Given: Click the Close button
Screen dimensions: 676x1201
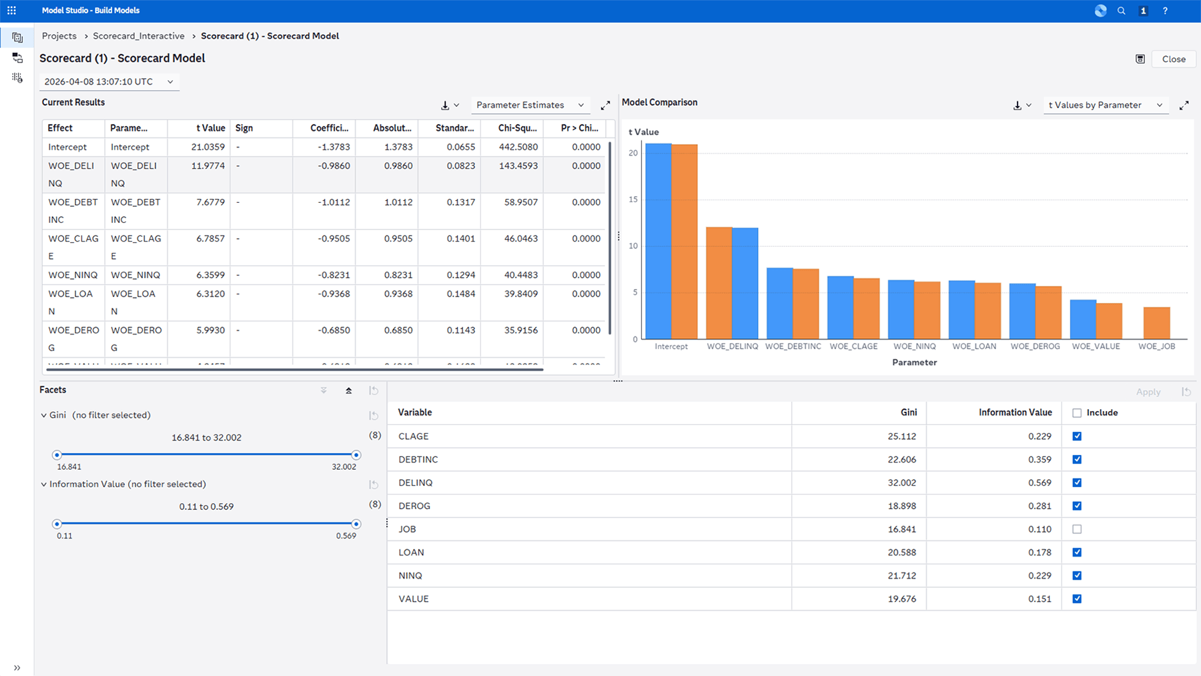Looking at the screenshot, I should pyautogui.click(x=1173, y=59).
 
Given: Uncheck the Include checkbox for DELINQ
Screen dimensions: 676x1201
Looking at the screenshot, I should pyautogui.click(x=1077, y=482).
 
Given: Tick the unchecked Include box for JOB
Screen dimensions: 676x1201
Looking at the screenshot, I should pyautogui.click(x=1077, y=529).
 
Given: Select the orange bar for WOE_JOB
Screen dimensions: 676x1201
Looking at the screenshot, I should pyautogui.click(x=1156, y=323).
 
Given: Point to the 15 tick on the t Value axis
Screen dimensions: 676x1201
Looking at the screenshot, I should pyautogui.click(x=633, y=200).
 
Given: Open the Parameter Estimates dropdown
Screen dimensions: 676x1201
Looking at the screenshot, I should pyautogui.click(x=530, y=105).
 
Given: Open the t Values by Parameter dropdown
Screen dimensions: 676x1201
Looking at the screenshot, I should pyautogui.click(x=1105, y=105).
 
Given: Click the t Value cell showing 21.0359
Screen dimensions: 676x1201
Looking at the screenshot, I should pyautogui.click(x=208, y=147).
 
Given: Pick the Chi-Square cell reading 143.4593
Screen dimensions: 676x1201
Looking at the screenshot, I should pyautogui.click(x=518, y=165).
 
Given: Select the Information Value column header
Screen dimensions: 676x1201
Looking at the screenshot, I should pyautogui.click(x=1015, y=412).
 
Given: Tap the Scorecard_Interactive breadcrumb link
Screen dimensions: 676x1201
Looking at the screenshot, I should pyautogui.click(x=139, y=36).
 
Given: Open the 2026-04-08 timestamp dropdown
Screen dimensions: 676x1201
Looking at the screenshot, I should pyautogui.click(x=109, y=81).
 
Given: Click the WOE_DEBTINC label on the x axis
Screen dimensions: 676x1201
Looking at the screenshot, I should pyautogui.click(x=793, y=346).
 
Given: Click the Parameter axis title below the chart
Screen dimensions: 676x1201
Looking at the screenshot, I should pyautogui.click(x=914, y=362).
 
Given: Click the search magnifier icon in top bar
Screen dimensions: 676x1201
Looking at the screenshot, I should pyautogui.click(x=1122, y=11).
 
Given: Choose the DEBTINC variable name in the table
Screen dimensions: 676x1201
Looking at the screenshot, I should pyautogui.click(x=418, y=459).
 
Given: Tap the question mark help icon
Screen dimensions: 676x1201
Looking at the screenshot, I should pyautogui.click(x=1165, y=11).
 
